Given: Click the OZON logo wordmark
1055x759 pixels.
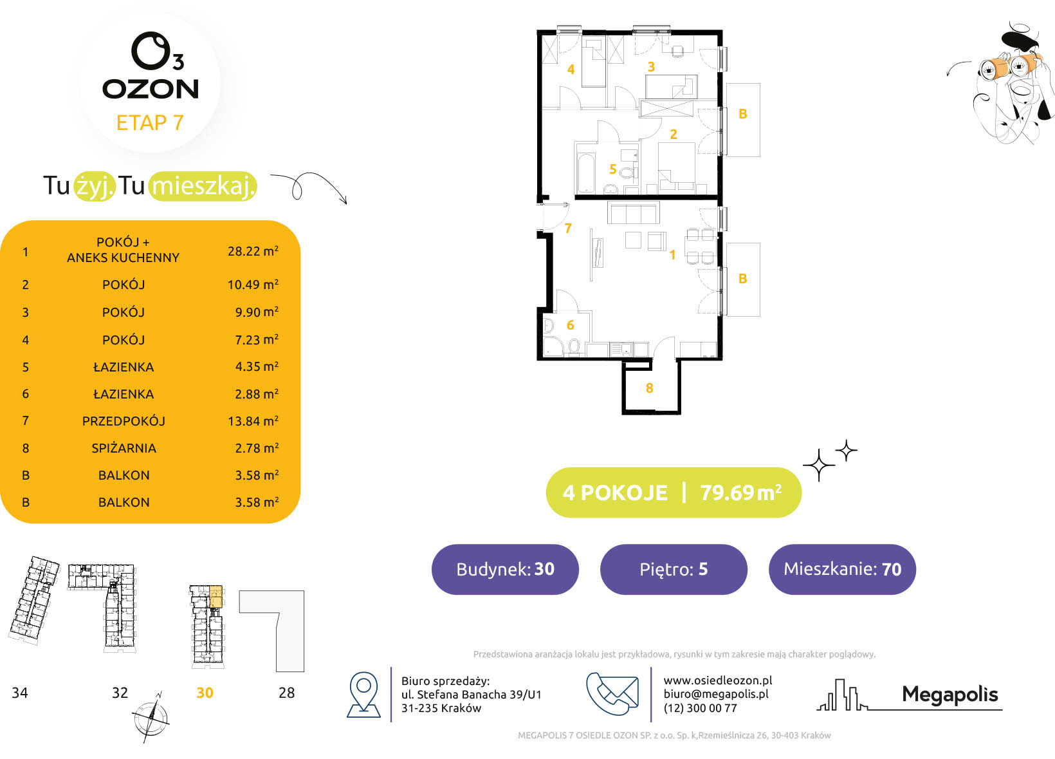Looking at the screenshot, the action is pyautogui.click(x=151, y=89).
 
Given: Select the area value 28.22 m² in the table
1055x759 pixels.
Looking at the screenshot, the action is pyautogui.click(x=253, y=251).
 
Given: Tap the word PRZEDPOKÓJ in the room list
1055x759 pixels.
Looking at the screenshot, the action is pyautogui.click(x=124, y=420).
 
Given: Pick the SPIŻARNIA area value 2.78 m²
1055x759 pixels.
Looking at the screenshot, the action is pyautogui.click(x=257, y=447).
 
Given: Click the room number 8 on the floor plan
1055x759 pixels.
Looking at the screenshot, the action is pyautogui.click(x=650, y=388).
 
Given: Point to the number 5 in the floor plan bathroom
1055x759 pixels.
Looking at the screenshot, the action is pyautogui.click(x=613, y=169).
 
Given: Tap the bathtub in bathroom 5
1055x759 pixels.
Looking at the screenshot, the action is pyautogui.click(x=587, y=173).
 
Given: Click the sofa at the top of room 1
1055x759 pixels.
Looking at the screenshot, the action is pyautogui.click(x=634, y=212).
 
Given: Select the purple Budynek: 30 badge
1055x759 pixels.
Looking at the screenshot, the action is pyautogui.click(x=505, y=569).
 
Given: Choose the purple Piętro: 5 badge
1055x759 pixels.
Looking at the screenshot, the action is pyautogui.click(x=674, y=569).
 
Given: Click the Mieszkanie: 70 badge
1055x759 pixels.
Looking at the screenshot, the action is pyautogui.click(x=842, y=569).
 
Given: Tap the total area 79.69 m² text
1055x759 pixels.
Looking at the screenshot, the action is pyautogui.click(x=741, y=492).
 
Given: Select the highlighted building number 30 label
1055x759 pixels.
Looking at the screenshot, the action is pyautogui.click(x=205, y=693).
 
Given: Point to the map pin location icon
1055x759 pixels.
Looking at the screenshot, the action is pyautogui.click(x=363, y=695).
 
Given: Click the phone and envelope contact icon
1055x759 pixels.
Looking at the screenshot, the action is pyautogui.click(x=612, y=693).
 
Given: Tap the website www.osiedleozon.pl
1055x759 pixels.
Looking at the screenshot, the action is pyautogui.click(x=718, y=680).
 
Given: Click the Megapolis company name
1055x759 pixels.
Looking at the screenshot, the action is pyautogui.click(x=949, y=695).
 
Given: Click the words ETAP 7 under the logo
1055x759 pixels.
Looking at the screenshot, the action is pyautogui.click(x=150, y=122).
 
